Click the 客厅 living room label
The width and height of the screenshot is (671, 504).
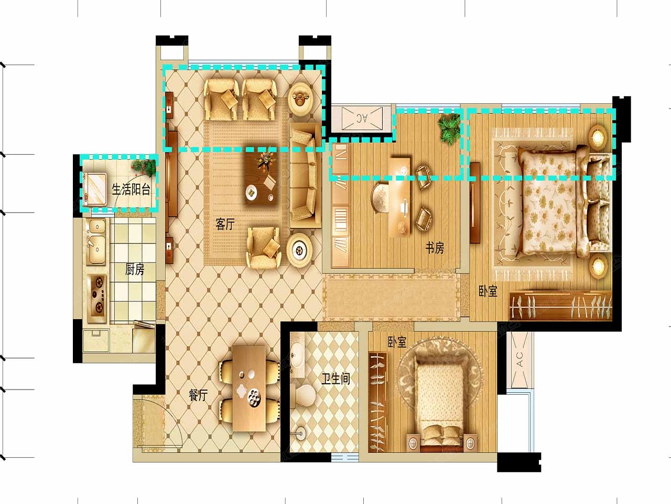point(225,224)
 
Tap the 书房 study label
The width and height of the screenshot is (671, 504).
point(435,248)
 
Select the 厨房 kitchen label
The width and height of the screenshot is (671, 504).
point(135,270)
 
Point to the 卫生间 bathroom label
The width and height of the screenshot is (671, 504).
point(335,379)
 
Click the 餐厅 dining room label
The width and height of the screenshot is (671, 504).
point(198,395)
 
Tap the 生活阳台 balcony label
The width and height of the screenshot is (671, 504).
point(131,190)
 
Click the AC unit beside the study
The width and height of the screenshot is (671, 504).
point(363,119)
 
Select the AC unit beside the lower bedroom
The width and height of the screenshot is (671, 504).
point(520,361)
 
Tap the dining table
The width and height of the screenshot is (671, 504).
point(249,388)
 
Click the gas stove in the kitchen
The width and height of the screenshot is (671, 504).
point(97,298)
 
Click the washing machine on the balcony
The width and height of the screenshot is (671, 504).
point(95,189)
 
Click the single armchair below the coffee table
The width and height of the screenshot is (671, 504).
point(264,248)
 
